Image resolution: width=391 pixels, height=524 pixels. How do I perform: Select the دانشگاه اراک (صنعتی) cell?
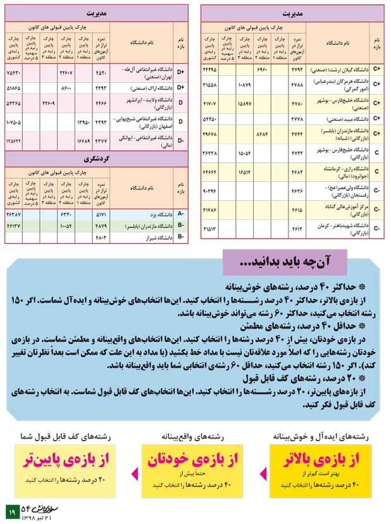tap(142, 88)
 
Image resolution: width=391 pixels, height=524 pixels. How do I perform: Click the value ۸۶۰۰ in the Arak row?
tap(66, 88)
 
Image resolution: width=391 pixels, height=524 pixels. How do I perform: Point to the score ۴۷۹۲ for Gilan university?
tap(297, 68)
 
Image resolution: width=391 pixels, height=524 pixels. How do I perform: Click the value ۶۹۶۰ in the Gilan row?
tap(262, 68)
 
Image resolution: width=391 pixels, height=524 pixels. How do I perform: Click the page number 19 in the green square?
tap(11, 510)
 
